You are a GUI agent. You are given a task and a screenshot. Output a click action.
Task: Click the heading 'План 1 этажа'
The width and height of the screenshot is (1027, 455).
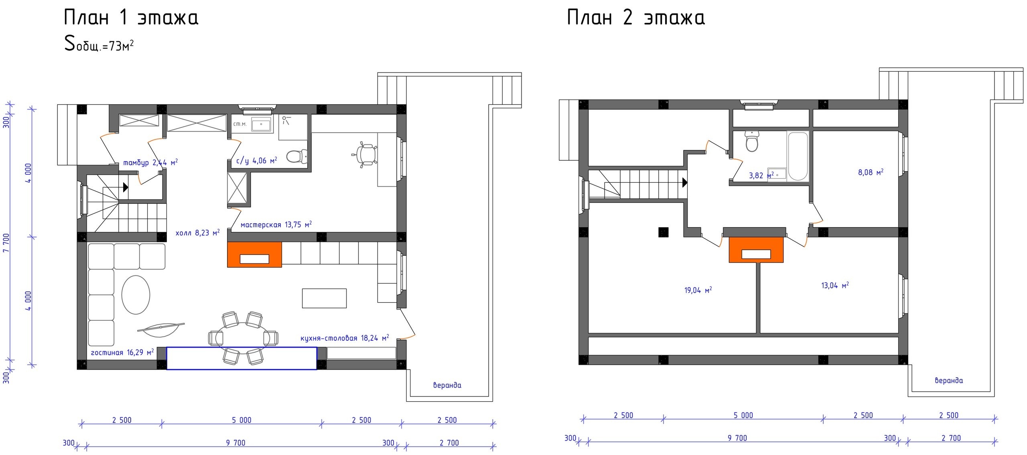click(131, 18)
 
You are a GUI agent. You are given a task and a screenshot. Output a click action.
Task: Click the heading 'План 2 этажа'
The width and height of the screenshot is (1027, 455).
click(636, 18)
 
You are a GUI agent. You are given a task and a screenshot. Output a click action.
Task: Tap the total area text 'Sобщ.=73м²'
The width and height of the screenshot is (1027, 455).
click(99, 43)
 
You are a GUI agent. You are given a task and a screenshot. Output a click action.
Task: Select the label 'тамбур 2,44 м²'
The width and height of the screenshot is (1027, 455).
click(150, 162)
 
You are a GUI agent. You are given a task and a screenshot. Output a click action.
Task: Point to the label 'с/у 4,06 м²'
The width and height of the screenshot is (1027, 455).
click(257, 161)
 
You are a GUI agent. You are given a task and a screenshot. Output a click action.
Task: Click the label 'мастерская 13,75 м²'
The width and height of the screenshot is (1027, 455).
click(276, 224)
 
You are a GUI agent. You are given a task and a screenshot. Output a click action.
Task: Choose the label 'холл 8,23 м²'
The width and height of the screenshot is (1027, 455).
click(197, 233)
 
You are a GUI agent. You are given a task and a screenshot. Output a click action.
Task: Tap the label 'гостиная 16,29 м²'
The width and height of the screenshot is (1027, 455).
click(122, 352)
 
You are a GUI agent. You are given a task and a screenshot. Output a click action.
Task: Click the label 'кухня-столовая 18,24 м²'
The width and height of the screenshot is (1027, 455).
click(345, 338)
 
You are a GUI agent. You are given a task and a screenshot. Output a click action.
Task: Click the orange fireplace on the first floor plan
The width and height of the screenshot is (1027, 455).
click(254, 254)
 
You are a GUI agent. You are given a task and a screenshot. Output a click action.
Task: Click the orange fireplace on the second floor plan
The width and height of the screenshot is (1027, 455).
click(756, 250)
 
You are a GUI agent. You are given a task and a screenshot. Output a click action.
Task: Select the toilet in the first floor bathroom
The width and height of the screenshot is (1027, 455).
click(297, 156)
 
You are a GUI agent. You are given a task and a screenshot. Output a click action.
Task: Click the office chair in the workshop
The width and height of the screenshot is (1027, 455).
click(365, 154)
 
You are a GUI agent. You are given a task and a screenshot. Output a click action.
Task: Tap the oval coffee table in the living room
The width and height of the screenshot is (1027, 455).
click(136, 295)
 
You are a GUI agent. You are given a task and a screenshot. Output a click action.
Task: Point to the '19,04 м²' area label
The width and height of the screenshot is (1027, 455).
click(698, 290)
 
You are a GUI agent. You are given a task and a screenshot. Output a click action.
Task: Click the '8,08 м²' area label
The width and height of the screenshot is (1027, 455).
click(871, 172)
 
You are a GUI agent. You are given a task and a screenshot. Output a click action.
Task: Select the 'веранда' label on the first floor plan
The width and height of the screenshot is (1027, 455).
click(447, 385)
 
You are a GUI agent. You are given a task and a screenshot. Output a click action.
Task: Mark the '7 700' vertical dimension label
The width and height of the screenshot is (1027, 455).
click(6, 243)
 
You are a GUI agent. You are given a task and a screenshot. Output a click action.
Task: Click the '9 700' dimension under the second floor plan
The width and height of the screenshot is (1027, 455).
click(737, 438)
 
